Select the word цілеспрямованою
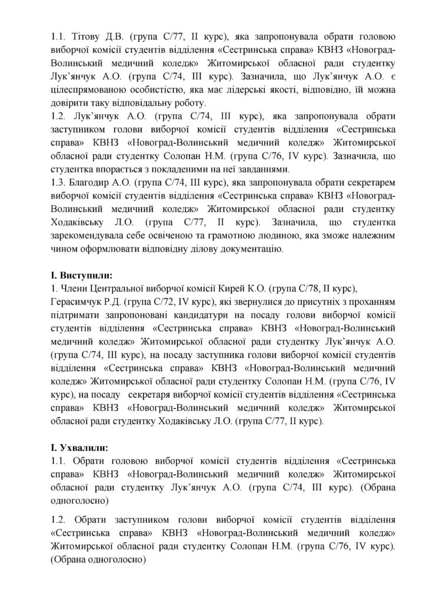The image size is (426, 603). (87, 90)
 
